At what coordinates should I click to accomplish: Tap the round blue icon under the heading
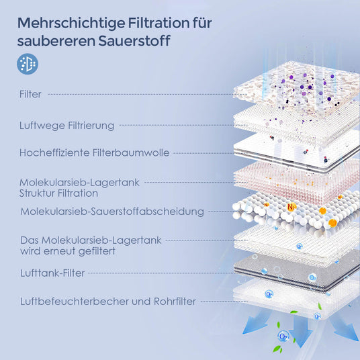tap(28, 64)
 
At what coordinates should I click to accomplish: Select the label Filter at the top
tap(31, 95)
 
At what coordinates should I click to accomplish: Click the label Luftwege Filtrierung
tap(67, 125)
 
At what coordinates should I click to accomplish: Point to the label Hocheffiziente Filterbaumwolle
tap(94, 153)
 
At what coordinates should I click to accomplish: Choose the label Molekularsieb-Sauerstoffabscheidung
tap(111, 212)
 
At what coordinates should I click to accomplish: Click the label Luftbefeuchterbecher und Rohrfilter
tap(107, 302)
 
